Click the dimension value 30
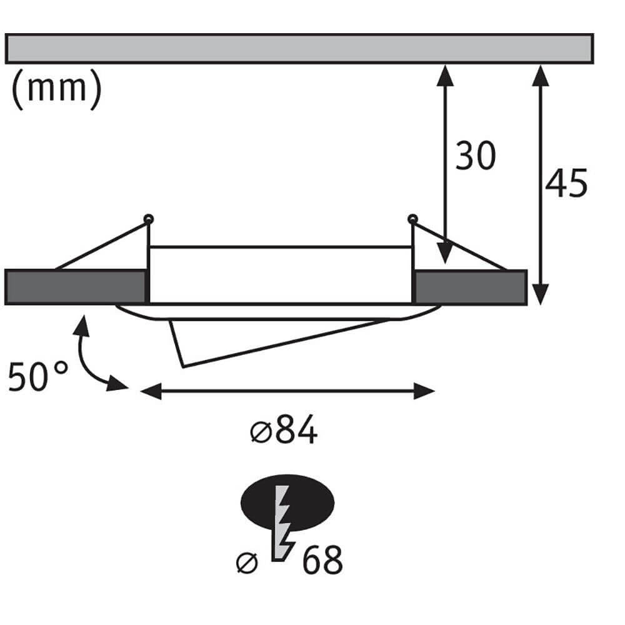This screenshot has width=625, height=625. click(x=475, y=156)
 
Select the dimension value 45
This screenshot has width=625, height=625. click(x=566, y=184)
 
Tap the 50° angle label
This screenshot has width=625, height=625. click(x=38, y=377)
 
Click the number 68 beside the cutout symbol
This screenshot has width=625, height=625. click(x=322, y=561)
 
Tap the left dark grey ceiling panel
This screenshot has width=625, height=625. click(x=75, y=287)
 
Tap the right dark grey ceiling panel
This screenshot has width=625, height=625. click(x=470, y=287)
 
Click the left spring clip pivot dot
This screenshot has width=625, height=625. click(x=148, y=219)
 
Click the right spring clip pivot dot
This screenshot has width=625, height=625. click(x=412, y=219)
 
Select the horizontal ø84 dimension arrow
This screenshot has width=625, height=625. click(x=287, y=392)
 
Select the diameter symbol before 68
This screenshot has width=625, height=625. click(x=247, y=562)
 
